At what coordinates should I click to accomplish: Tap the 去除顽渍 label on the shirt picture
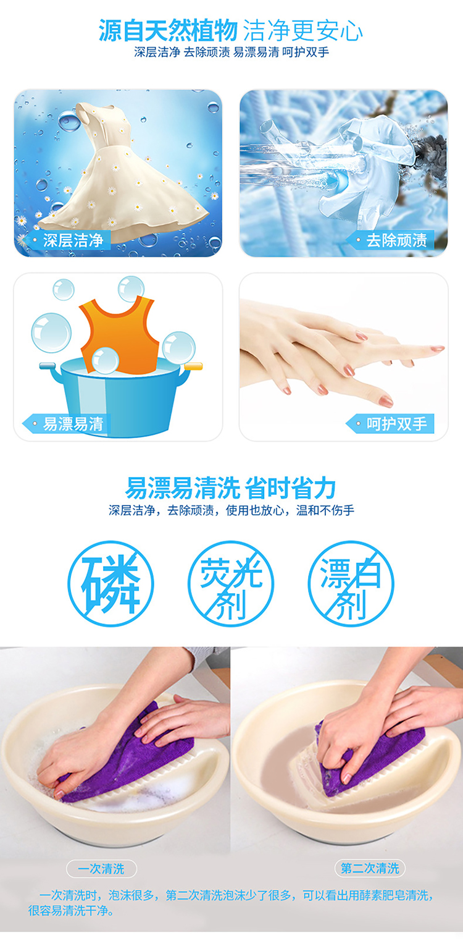coord(390,240)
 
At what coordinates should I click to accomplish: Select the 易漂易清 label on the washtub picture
coord(67,424)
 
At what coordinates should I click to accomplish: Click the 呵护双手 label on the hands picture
coord(390,424)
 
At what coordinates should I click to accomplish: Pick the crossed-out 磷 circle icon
coord(111,584)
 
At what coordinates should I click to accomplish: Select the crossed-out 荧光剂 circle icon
coord(231,584)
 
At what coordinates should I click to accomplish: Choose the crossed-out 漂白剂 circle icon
coord(351,584)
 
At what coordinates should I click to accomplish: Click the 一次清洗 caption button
coord(101,869)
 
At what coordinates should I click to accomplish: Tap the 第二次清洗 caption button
coord(370,868)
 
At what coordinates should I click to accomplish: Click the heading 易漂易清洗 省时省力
coord(231,488)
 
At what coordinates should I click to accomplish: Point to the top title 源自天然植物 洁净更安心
coord(231,30)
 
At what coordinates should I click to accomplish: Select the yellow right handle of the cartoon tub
coord(193,366)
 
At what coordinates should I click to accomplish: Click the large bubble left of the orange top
coord(51,333)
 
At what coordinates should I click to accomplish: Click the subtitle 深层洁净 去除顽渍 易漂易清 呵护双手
coord(231,53)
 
